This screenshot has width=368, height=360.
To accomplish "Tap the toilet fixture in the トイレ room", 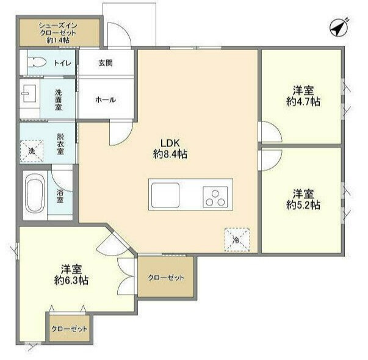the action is (x=37, y=62).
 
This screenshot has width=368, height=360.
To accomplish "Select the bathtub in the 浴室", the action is (x=35, y=193).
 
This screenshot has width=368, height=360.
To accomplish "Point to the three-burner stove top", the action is (x=215, y=197).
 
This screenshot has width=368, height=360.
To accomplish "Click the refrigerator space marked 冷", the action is (x=237, y=240).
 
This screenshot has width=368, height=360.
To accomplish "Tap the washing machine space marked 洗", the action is (x=32, y=151).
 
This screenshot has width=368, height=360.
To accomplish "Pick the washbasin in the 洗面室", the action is (x=29, y=93).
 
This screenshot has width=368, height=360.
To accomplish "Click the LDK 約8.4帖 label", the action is (x=170, y=148).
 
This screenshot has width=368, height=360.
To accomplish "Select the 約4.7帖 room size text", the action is (x=303, y=102).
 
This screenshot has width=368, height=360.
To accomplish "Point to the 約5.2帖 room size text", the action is (x=303, y=205).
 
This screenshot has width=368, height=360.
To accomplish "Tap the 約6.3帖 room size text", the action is (x=71, y=280).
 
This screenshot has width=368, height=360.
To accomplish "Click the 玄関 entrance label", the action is (x=106, y=63).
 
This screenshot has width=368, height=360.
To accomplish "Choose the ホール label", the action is (x=106, y=99).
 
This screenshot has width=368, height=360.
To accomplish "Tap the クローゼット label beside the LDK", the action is (x=166, y=278).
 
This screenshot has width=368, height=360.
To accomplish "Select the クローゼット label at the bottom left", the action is (x=69, y=329).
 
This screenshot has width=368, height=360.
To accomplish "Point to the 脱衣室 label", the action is (x=60, y=144).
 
